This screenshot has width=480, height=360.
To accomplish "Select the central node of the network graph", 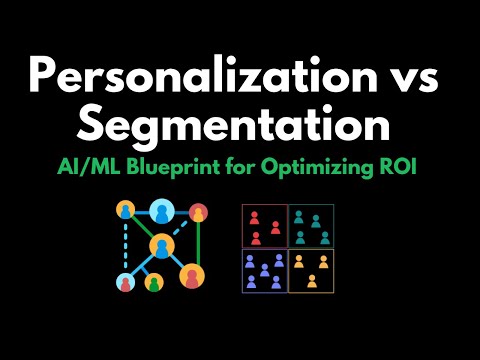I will [x=161, y=246].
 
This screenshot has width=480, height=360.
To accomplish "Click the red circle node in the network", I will [x=198, y=212].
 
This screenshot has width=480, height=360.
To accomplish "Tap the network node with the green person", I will [x=154, y=282].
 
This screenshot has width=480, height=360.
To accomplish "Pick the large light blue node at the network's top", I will [x=162, y=211].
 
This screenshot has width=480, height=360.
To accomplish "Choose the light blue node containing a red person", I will [x=126, y=282].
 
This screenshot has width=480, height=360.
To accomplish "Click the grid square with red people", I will [x=264, y=227].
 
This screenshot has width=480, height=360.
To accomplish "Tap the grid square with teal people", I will [x=310, y=227].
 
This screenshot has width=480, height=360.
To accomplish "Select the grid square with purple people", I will [x=264, y=270].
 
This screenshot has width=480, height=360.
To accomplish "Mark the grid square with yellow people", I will [x=310, y=270].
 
